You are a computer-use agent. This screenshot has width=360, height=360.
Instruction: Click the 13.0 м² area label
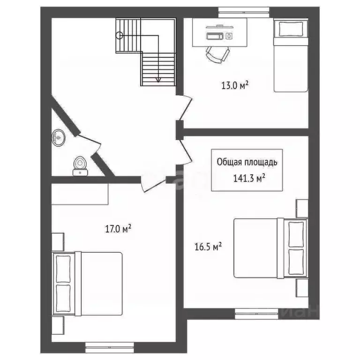[x=235, y=85]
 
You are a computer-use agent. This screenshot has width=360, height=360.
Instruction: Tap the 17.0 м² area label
[x=118, y=228]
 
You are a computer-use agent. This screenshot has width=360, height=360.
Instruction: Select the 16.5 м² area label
[x=208, y=247]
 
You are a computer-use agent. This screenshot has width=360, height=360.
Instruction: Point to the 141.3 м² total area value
[x=249, y=178]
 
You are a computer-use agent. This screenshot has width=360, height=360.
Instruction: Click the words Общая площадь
[x=247, y=162]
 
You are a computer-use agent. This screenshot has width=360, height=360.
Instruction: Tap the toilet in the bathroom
[x=80, y=166]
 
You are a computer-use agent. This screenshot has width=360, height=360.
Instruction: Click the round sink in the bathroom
[x=59, y=137]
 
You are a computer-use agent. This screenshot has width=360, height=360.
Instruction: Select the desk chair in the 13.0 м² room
[x=217, y=55]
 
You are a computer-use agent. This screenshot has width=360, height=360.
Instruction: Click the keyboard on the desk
[x=215, y=36]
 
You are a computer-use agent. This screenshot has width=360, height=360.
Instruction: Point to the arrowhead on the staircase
[x=158, y=80]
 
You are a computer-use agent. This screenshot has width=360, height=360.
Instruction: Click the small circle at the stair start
[x=120, y=35]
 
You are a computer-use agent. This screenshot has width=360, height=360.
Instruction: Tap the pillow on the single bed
[x=291, y=29]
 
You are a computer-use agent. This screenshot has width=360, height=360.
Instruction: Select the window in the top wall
[x=244, y=12]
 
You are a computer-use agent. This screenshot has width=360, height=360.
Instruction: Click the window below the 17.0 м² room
[x=110, y=347]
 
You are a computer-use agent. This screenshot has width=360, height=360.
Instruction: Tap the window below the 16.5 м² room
[x=256, y=314]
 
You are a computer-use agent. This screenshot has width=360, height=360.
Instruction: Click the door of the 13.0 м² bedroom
[x=185, y=107]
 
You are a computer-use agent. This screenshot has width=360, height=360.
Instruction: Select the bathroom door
[x=90, y=143]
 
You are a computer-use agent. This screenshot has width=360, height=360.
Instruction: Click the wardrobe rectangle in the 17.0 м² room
[x=80, y=194]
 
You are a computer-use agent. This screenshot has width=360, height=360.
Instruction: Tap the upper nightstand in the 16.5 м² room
[x=302, y=208]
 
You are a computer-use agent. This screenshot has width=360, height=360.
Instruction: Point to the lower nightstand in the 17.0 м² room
[x=58, y=326]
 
